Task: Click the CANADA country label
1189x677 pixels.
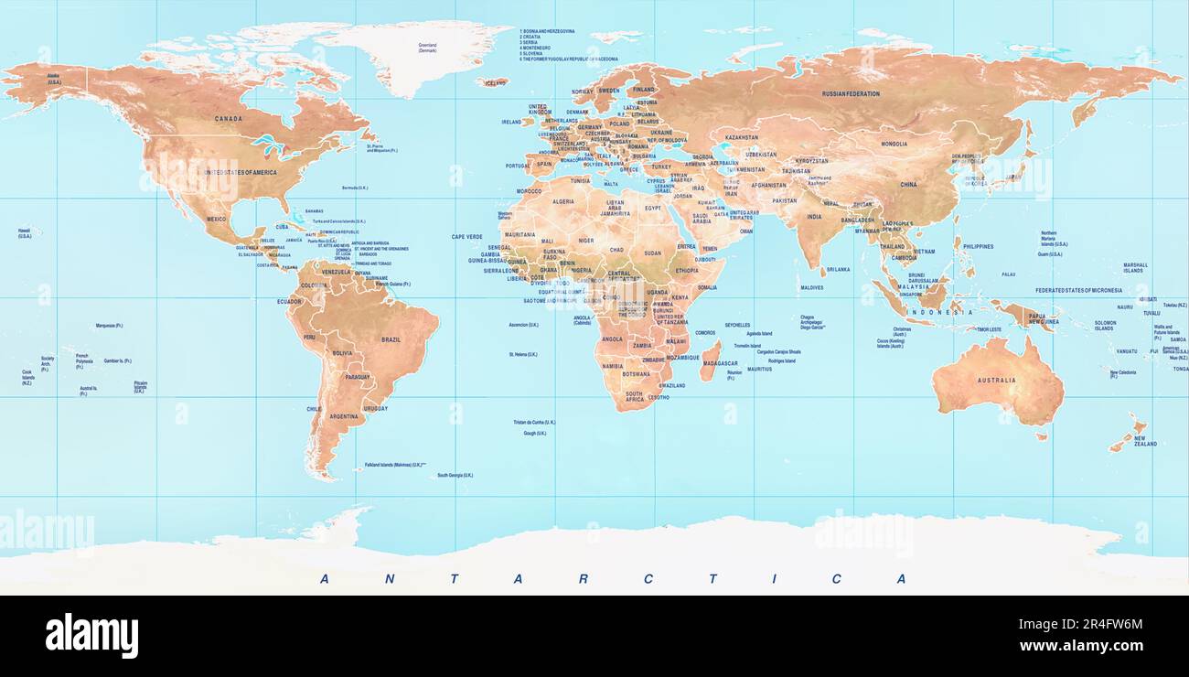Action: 228,119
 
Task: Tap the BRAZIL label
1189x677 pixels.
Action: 391,339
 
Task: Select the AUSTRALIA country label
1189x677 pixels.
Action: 996,381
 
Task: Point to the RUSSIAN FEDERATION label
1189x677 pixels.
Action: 851,94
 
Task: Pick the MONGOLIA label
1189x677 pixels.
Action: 894,144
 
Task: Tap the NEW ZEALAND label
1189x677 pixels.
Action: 1145,441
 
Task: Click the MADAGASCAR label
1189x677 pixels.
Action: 720,363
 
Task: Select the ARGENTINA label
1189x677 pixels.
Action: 344,416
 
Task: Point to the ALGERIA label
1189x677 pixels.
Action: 563,201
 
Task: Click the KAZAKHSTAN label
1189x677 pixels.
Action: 741,137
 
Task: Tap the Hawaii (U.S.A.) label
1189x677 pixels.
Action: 25,233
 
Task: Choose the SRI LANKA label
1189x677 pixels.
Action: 838,270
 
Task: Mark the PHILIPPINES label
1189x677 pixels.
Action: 978,246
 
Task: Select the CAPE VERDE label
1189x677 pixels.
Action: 466,237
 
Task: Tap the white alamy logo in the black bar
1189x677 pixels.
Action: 91,636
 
